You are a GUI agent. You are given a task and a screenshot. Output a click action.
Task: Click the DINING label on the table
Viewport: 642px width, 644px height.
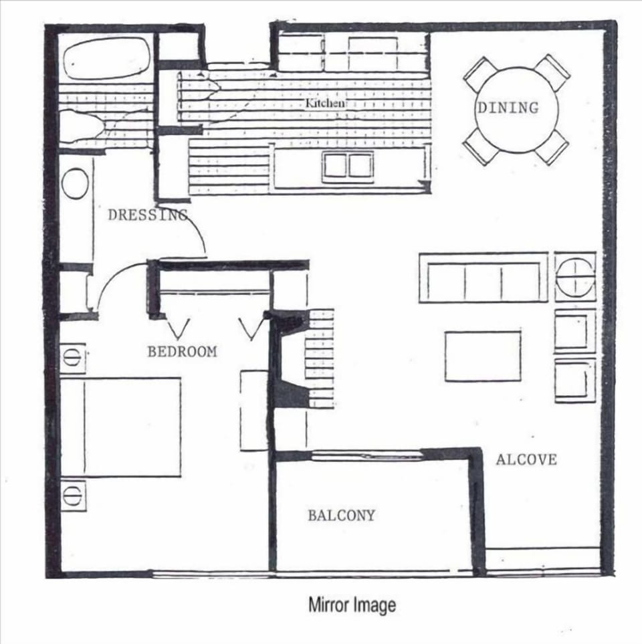[507, 107]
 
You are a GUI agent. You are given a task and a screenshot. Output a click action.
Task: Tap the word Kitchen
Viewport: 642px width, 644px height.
[326, 104]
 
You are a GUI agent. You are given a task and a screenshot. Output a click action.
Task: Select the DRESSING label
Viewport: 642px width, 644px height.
[147, 215]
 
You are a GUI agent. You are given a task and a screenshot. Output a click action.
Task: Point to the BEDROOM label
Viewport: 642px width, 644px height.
[182, 351]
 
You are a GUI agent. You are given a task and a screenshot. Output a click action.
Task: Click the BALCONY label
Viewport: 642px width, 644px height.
[341, 516]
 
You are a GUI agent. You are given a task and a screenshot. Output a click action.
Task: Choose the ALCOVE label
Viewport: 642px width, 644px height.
[526, 459]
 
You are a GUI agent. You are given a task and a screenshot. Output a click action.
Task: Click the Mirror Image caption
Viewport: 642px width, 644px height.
[352, 605]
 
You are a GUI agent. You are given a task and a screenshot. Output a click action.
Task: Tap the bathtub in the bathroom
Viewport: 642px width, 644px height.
[107, 59]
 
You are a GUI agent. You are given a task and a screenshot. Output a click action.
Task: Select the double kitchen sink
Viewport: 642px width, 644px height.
[347, 166]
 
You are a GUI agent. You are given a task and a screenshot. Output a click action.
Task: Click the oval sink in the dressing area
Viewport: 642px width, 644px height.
[75, 183]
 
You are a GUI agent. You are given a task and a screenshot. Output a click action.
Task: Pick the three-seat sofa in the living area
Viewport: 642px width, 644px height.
[483, 278]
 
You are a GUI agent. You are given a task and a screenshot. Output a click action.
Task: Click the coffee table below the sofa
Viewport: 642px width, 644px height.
[483, 356]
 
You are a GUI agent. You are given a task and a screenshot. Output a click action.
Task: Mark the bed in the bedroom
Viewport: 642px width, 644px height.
[120, 427]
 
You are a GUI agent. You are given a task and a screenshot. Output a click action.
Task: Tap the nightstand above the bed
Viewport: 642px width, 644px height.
[73, 357]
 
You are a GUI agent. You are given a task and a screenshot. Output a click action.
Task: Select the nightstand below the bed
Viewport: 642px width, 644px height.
[73, 495]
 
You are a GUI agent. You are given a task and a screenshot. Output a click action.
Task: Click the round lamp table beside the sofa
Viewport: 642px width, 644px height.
[574, 276]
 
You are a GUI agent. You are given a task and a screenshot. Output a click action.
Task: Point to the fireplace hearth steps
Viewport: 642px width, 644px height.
[320, 358]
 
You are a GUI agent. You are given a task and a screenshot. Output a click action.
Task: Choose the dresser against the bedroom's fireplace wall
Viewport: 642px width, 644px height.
[254, 409]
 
